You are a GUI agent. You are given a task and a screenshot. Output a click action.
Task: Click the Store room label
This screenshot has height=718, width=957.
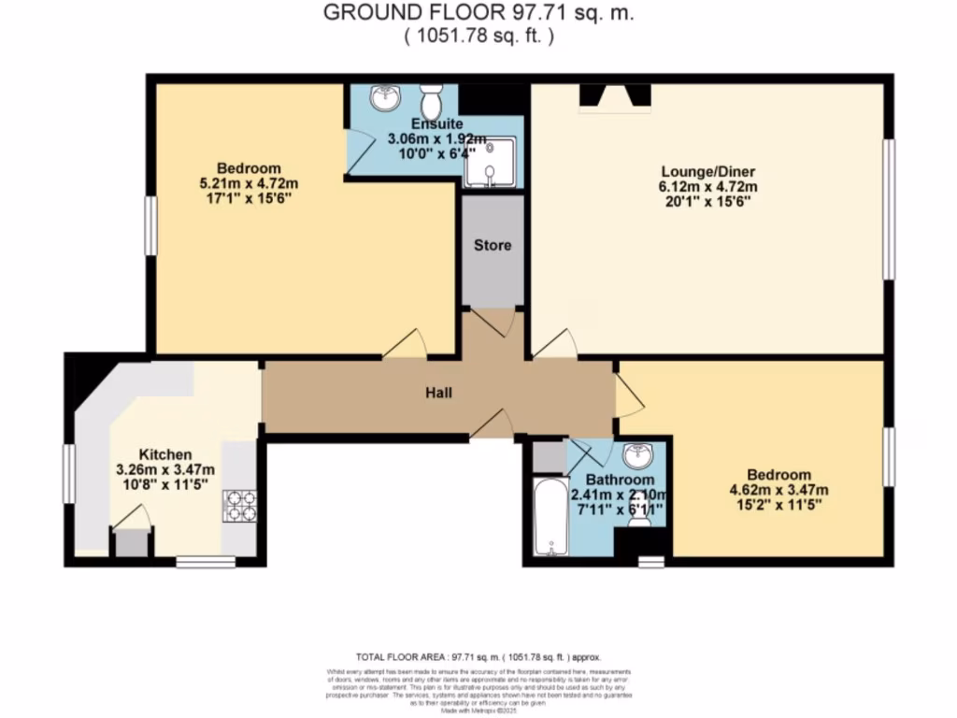(493, 246)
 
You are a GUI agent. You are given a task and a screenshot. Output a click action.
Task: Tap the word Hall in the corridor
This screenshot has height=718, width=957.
(438, 393)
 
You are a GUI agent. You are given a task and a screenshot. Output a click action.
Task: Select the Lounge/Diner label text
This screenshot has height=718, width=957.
(707, 172)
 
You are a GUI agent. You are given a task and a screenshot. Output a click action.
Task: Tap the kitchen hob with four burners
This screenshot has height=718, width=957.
(239, 506)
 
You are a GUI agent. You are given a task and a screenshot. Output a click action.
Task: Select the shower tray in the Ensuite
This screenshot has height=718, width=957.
(491, 162)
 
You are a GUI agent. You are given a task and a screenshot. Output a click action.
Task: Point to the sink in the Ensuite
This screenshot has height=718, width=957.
(383, 97)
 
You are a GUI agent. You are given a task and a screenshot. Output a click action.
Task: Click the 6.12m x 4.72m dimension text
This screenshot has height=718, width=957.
(707, 187)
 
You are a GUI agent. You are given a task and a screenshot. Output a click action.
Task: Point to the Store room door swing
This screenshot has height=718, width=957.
(494, 322)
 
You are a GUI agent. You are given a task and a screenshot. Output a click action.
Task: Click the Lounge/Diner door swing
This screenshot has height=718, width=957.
(555, 344)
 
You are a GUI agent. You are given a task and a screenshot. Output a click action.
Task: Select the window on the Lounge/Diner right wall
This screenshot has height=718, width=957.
(890, 208)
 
